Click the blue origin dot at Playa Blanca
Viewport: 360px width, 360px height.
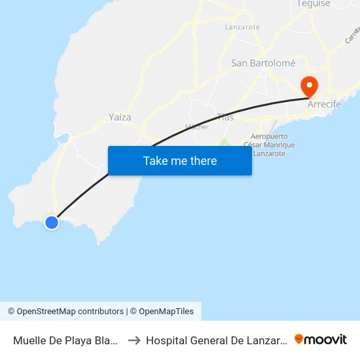52,223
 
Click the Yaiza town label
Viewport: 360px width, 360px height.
120,117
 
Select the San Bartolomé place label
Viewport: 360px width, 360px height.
263,63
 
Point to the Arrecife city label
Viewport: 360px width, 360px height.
324,103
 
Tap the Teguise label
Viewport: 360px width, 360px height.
312,4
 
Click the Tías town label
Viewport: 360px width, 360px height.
225,117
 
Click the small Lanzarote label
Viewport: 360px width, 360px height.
242,27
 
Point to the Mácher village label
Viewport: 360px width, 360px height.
196,126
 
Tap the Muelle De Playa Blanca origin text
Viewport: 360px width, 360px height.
65,340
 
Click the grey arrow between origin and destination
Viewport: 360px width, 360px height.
134,340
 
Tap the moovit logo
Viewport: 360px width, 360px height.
321,339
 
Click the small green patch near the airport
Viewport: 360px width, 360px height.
225,144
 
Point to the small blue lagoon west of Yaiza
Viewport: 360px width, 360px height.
64,137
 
